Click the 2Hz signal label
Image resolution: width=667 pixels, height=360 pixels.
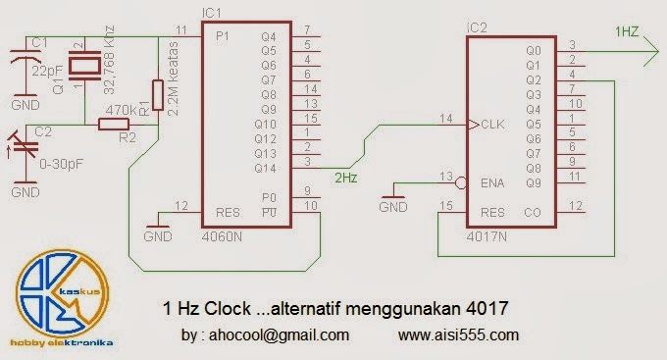tap(345, 178)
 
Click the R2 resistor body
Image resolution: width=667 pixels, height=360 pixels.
tap(114, 125)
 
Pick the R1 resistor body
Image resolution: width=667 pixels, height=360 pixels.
tap(158, 96)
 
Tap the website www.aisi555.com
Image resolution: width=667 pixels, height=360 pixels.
tap(459, 334)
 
